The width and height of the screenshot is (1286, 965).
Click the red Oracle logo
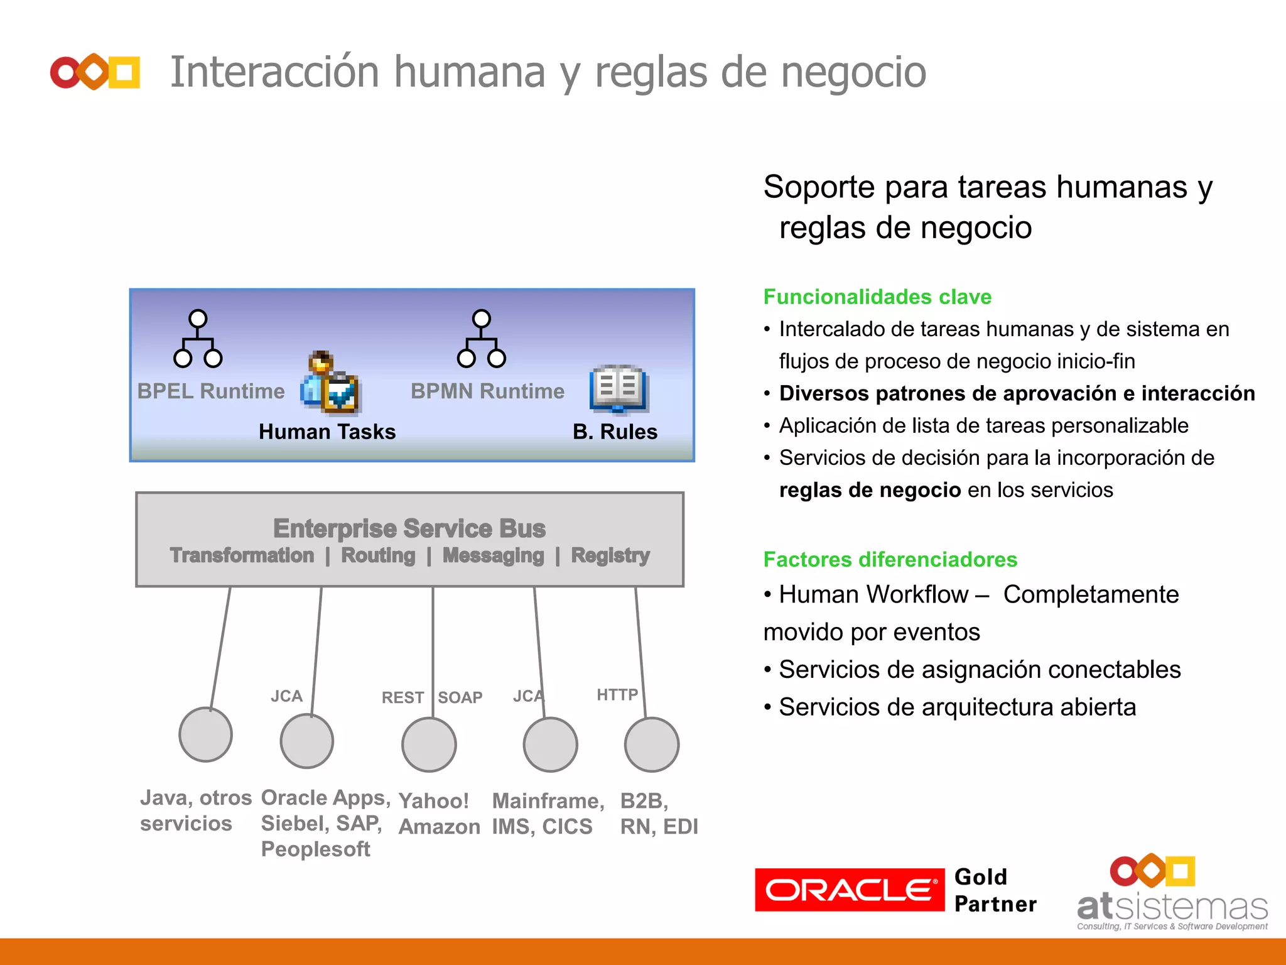pos(849,890)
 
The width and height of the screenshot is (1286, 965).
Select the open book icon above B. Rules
pos(619,388)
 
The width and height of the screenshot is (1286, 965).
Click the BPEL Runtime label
pos(211,391)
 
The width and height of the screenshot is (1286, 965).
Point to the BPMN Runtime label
pos(487,391)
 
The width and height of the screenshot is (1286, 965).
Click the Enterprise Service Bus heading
pos(409,528)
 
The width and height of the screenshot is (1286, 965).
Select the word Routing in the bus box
pos(378,555)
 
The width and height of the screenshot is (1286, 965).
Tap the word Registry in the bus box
pos(610,555)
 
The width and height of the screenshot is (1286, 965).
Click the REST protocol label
pos(403,697)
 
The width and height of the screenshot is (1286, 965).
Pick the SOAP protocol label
pos(460,697)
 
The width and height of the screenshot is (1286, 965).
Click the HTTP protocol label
pos(617,694)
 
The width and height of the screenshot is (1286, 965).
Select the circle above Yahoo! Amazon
pos(429,744)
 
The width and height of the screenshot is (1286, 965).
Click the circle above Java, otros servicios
pos(206,734)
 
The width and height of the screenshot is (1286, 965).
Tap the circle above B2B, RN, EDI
pos(652,744)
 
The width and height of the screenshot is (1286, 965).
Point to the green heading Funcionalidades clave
pos(877,297)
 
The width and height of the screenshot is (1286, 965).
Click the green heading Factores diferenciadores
pos(890,559)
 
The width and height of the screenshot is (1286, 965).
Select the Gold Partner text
pos(995,890)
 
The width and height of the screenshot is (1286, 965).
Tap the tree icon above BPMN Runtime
pos(482,339)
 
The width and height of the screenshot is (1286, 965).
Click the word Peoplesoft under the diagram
pos(315,849)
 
